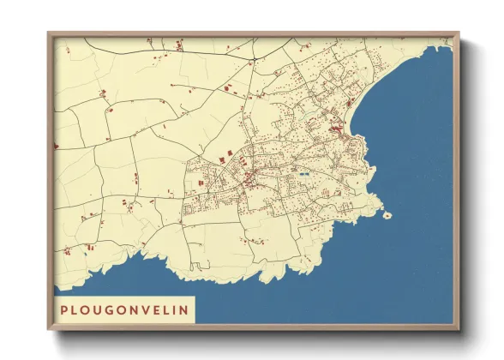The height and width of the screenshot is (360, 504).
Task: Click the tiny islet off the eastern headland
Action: [387, 214]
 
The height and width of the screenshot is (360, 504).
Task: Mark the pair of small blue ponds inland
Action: [303, 174]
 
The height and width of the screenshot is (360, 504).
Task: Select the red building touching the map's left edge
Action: [57, 146]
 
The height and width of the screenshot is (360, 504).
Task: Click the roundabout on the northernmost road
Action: [253, 59]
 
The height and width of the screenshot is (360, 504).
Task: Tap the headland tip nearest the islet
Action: [377, 210]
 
